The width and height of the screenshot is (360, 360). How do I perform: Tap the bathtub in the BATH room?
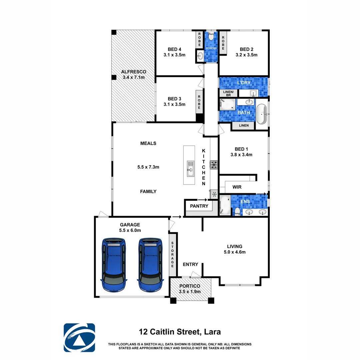click(x=262, y=114)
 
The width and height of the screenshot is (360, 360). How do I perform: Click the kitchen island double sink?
click(x=190, y=168)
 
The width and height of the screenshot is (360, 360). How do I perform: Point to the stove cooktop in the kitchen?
click(x=214, y=164)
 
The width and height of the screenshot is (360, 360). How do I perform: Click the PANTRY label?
click(x=199, y=206)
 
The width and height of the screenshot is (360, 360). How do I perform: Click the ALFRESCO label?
click(x=133, y=72)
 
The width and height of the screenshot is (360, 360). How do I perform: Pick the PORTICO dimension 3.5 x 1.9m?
click(x=190, y=291)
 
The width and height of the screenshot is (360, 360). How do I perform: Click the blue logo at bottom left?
click(x=79, y=338)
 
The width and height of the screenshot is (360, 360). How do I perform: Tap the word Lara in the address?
click(x=212, y=332)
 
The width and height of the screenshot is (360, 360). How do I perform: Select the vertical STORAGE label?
click(x=173, y=254)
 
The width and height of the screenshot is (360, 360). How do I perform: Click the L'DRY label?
click(x=244, y=82)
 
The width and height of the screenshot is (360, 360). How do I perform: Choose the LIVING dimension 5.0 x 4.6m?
click(x=235, y=252)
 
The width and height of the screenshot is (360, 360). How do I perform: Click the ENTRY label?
click(x=190, y=264)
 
